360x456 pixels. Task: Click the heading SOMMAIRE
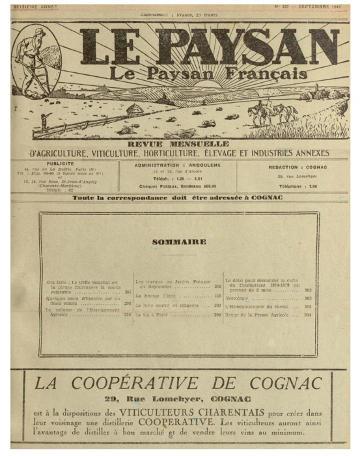pyautogui.click(x=179, y=242)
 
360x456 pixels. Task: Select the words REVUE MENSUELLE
pyautogui.click(x=179, y=143)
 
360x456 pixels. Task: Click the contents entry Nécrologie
pyautogui.click(x=239, y=298)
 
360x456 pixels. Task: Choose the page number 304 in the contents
pyautogui.click(x=308, y=314)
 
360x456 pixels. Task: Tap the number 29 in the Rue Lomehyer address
pyautogui.click(x=111, y=398)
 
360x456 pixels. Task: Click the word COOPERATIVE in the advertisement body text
pyautogui.click(x=223, y=422)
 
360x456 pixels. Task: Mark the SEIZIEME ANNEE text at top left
pyautogui.click(x=34, y=7)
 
